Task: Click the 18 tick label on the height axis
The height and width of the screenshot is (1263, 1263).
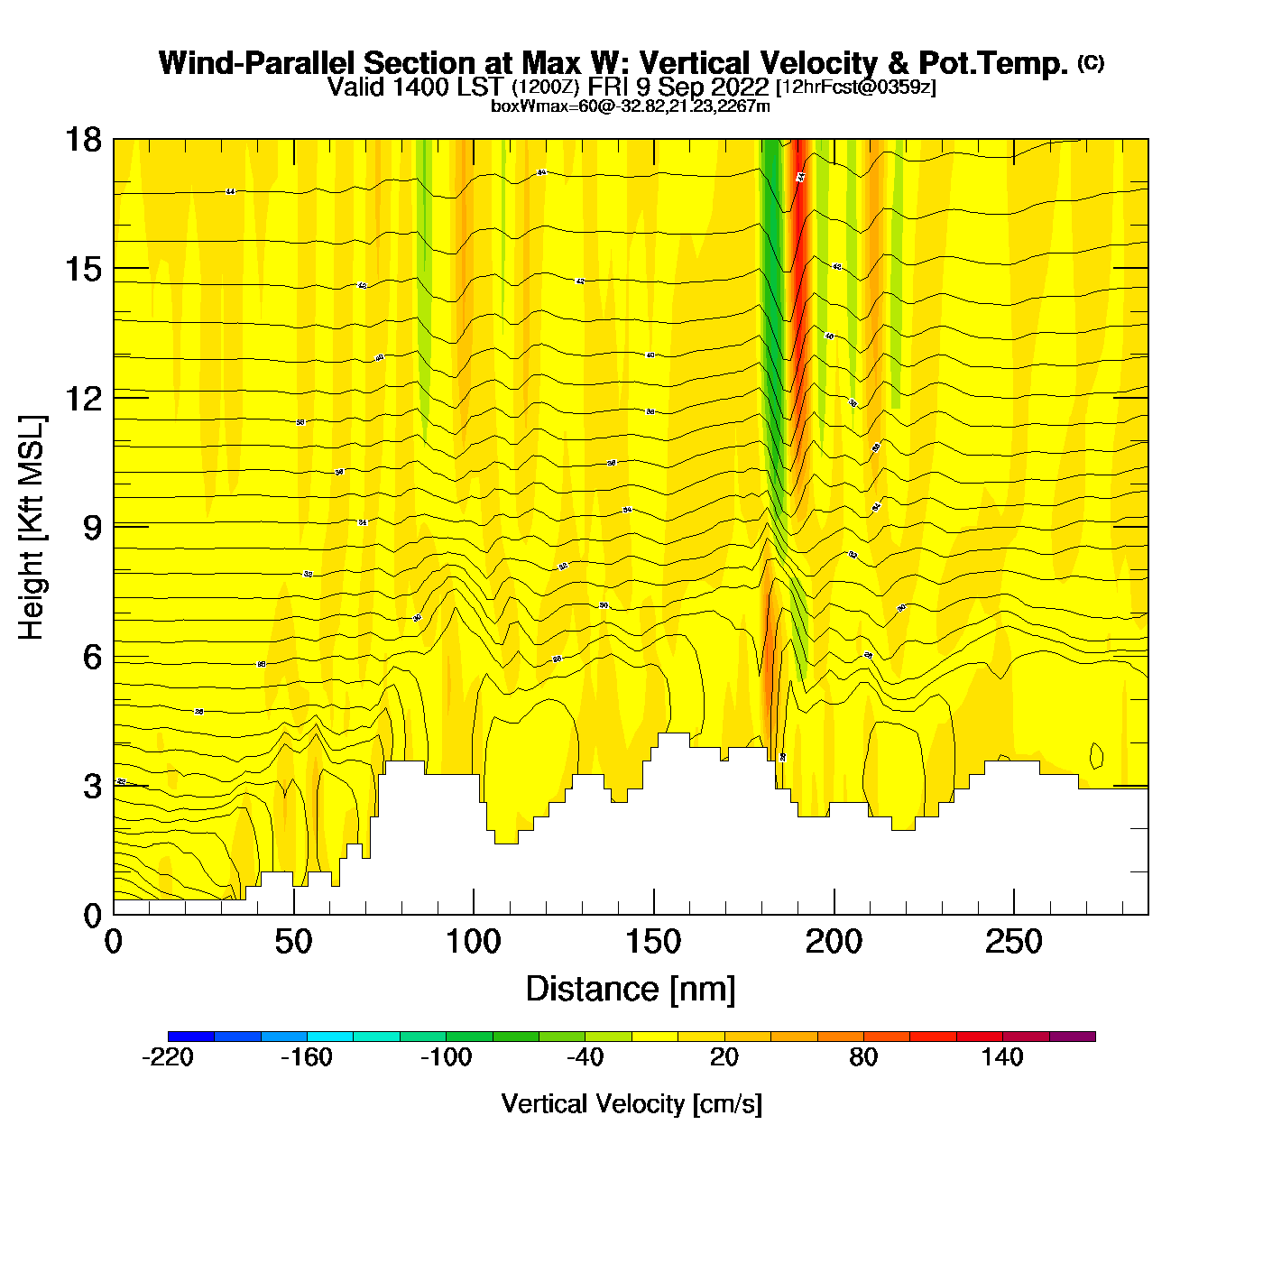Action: click(x=82, y=140)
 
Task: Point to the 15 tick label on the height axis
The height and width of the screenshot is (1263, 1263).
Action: click(x=82, y=269)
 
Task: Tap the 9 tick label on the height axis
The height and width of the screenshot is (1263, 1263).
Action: click(x=92, y=528)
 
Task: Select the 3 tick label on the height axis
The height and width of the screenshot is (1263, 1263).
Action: click(x=92, y=787)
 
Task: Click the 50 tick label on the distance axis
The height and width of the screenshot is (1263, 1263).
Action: click(x=293, y=943)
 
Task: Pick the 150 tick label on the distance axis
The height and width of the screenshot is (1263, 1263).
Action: click(x=653, y=943)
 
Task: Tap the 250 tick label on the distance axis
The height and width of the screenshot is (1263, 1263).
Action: click(x=1013, y=943)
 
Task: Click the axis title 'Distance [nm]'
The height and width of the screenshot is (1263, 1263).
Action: click(x=631, y=989)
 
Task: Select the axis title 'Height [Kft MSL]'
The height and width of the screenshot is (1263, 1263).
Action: click(x=32, y=528)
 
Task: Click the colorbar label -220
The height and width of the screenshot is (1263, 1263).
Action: click(x=168, y=1057)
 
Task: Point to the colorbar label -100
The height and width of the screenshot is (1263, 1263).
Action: click(x=446, y=1057)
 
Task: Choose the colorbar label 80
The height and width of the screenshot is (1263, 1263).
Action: click(x=863, y=1057)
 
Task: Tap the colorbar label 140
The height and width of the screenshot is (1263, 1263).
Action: click(x=1002, y=1057)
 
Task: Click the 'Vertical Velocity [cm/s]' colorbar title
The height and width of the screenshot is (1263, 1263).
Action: click(x=631, y=1103)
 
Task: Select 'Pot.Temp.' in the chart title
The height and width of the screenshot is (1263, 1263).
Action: click(x=993, y=63)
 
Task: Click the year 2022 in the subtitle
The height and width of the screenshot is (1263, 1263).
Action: click(x=739, y=87)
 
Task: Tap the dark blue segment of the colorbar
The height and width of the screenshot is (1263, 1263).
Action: click(x=191, y=1037)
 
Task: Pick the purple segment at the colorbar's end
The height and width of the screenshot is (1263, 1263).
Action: click(x=1072, y=1037)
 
